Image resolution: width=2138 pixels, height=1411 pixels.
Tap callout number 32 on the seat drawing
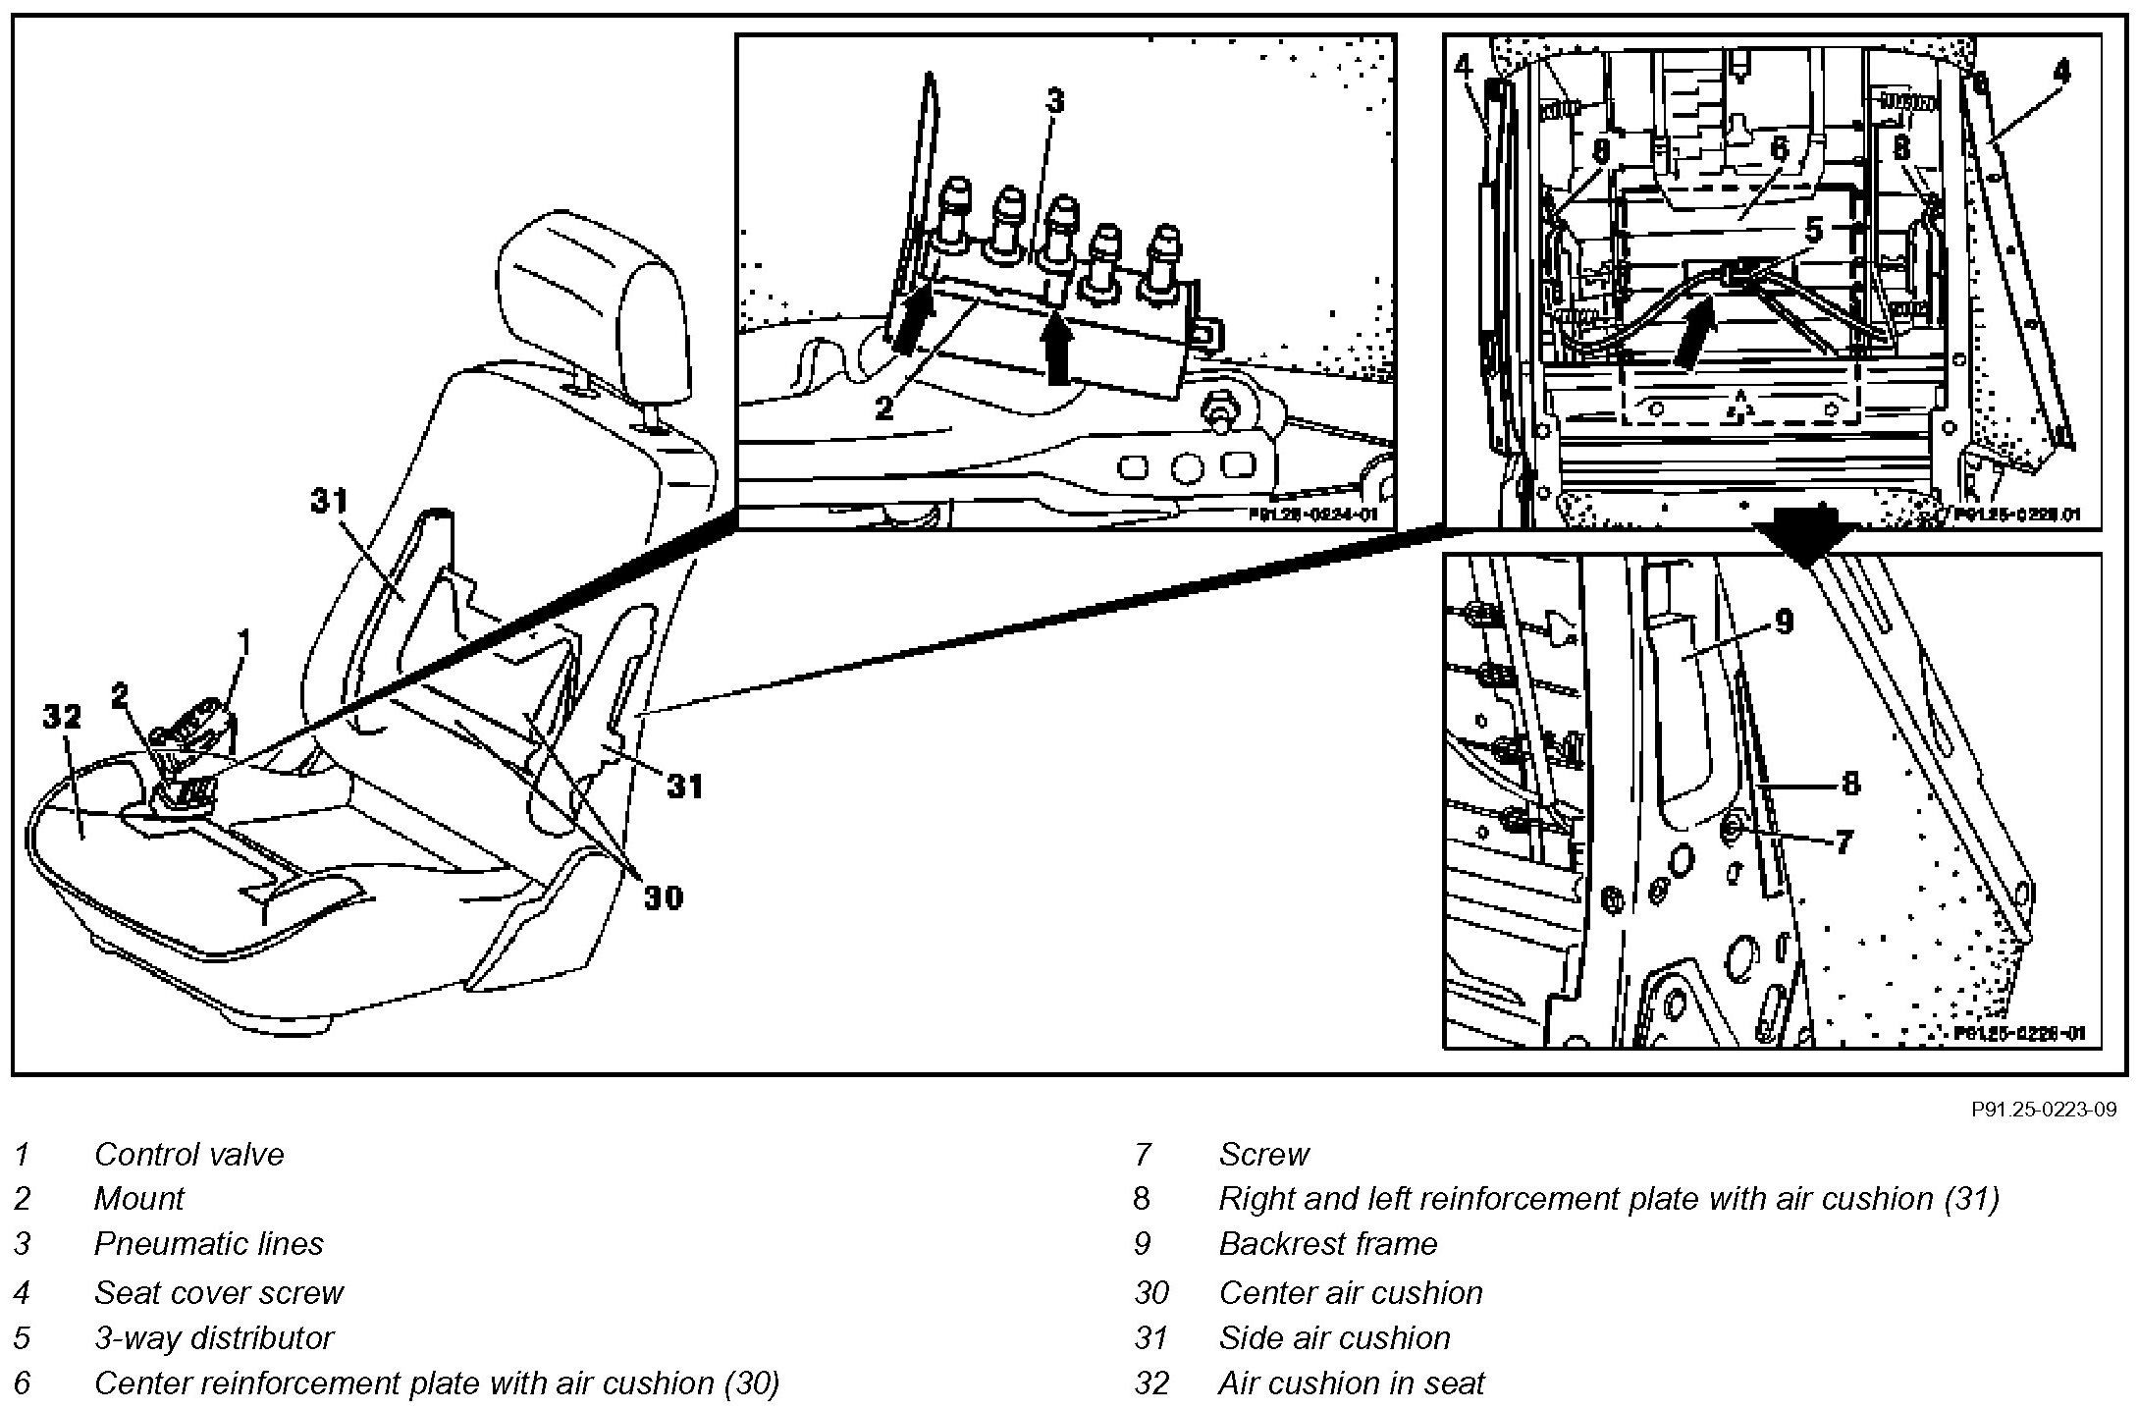click(x=61, y=718)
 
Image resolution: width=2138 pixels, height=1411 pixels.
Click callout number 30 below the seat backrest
click(x=663, y=896)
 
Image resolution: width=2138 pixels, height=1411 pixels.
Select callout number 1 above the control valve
click(x=243, y=643)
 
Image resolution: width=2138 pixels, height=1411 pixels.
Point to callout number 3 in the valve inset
click(x=1054, y=101)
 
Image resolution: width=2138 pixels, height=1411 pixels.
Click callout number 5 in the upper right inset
click(x=1813, y=232)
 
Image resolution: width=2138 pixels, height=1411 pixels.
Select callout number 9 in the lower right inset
click(x=1785, y=621)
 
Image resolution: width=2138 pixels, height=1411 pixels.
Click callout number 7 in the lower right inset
click(x=1844, y=841)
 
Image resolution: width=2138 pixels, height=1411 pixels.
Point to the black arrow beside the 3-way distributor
click(x=1695, y=334)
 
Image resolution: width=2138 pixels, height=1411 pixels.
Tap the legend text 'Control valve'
click(x=188, y=1154)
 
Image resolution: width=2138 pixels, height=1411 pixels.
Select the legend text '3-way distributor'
click(x=214, y=1337)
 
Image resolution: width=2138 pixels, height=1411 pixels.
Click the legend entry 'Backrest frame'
click(x=1327, y=1244)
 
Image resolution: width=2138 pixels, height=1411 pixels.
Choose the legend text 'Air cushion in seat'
click(x=1351, y=1383)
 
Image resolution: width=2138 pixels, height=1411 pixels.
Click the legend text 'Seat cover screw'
click(x=218, y=1292)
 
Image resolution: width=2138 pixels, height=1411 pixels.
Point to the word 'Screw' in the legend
click(x=1263, y=1154)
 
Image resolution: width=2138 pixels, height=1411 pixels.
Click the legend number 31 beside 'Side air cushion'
click(x=1150, y=1337)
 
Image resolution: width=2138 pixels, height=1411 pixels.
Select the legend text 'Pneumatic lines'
click(x=208, y=1244)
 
